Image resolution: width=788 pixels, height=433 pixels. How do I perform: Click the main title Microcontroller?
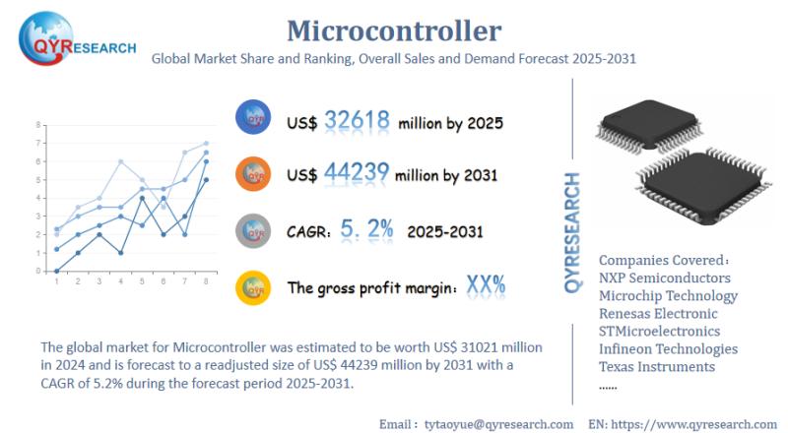tap(393, 30)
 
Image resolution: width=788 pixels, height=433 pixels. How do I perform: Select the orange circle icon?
tap(254, 174)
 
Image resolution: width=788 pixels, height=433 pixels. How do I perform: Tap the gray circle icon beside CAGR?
tap(254, 230)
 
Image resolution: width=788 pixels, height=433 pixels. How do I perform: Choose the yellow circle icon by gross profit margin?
tap(254, 287)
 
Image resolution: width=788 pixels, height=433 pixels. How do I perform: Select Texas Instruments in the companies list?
tap(656, 366)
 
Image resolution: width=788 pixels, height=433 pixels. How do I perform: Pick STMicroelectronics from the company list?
tap(659, 331)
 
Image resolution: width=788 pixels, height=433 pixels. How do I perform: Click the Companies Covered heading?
tap(663, 260)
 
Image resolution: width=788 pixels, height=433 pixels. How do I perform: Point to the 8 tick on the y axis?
tap(38, 125)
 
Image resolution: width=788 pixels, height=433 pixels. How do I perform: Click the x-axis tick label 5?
tap(142, 281)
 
